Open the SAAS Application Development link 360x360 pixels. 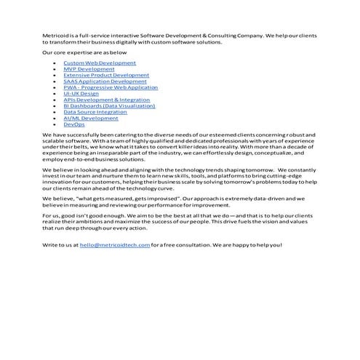[x=105, y=81]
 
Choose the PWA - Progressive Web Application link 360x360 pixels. [x=111, y=87]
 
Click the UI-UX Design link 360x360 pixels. [x=81, y=94]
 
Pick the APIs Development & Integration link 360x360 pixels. [x=106, y=100]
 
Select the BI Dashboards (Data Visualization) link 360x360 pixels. [x=109, y=106]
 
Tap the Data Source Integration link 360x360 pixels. [x=95, y=112]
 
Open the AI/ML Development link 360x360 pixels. [x=91, y=119]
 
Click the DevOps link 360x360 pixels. [x=74, y=124]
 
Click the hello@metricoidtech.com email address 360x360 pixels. [x=115, y=245]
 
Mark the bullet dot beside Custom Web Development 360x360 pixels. [x=55, y=64]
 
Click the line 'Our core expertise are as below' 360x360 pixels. [x=84, y=52]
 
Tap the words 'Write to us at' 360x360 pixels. [x=60, y=245]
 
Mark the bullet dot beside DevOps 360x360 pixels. [x=55, y=125]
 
